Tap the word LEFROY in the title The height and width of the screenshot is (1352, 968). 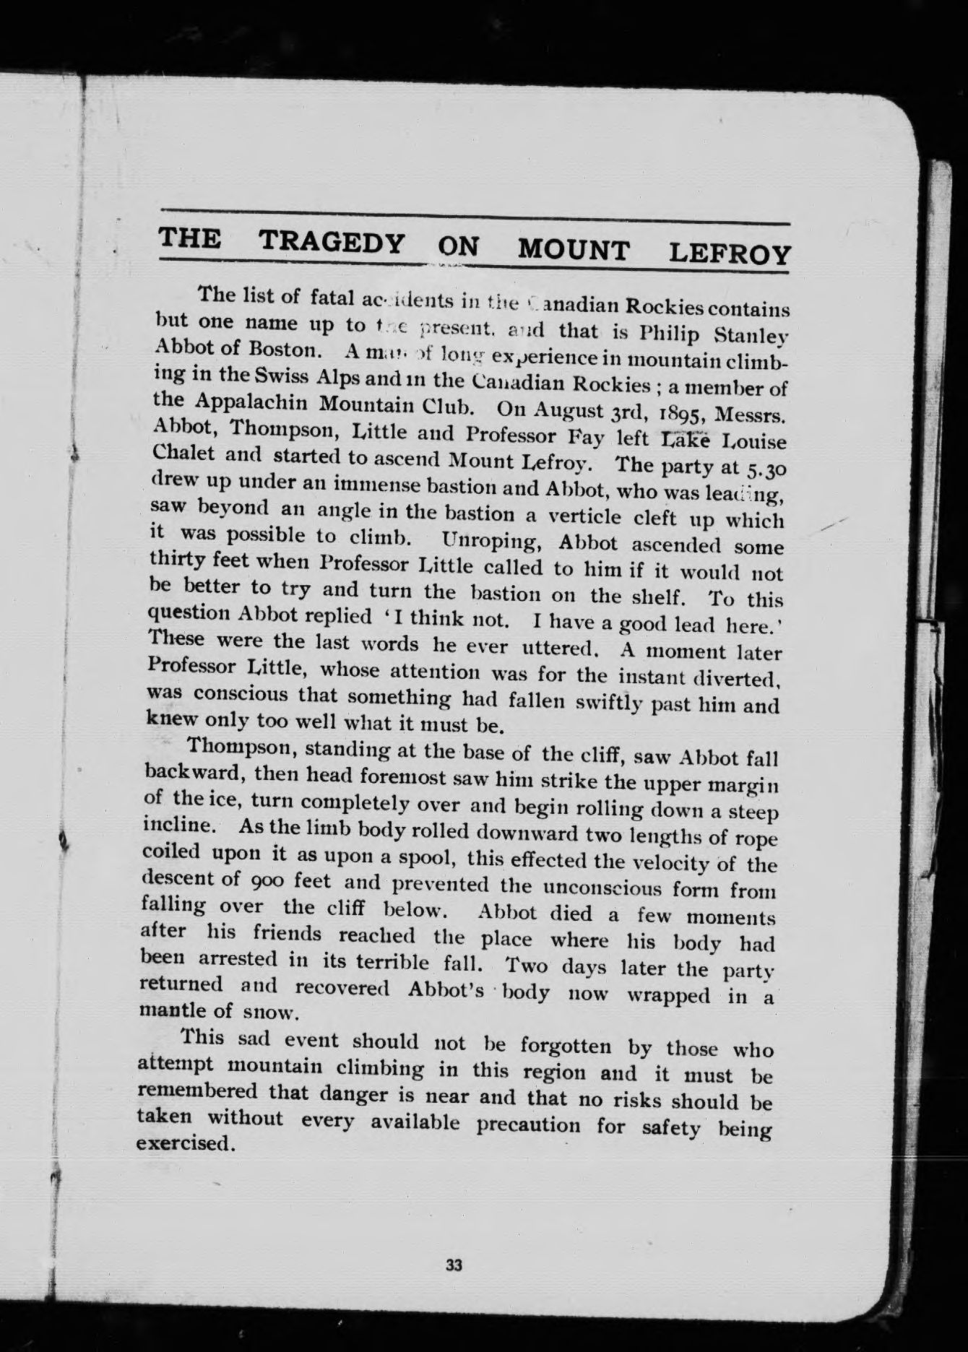coord(730,253)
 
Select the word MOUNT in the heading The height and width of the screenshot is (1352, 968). coord(574,250)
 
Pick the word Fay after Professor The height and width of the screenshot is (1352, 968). coord(589,438)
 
